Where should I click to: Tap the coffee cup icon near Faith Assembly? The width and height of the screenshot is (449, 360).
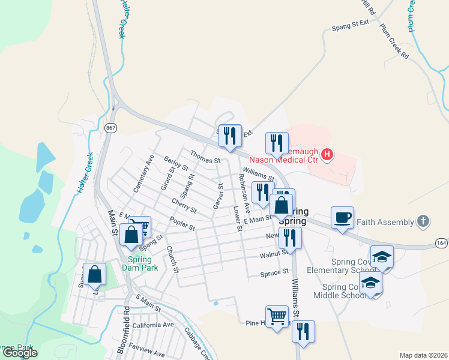[x=342, y=217]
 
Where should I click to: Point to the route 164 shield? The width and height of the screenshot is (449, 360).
[x=441, y=242]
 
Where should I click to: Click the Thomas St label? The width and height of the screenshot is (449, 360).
[x=205, y=160]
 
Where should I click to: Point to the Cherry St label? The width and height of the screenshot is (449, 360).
[x=184, y=206]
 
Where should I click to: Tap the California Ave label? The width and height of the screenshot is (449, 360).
[x=153, y=325]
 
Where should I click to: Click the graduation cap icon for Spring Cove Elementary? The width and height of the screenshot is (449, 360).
[x=382, y=257]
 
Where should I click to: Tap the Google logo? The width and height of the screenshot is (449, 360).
[x=20, y=353]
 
